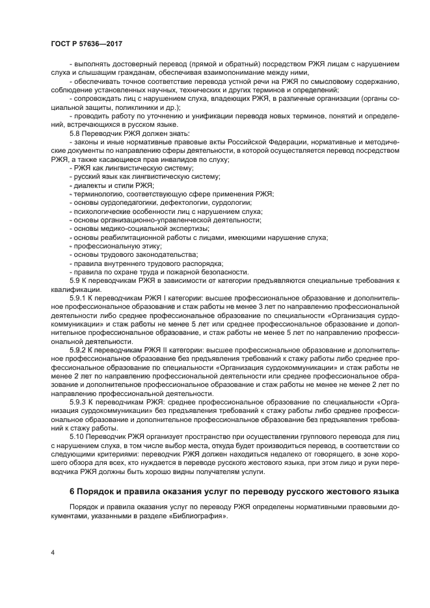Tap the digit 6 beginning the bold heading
(72, 490)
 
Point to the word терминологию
(101, 194)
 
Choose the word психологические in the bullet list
(102, 211)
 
